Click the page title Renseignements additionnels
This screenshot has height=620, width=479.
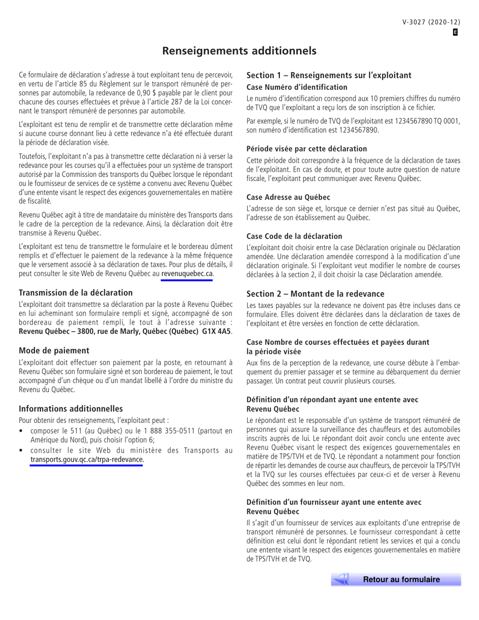tap(239, 51)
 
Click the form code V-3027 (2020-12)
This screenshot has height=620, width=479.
tap(431, 22)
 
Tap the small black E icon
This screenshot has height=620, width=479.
tap(455, 32)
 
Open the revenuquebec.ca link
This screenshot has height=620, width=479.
tap(187, 274)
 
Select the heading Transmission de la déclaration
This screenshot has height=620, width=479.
tap(76, 293)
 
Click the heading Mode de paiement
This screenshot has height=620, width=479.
tap(54, 350)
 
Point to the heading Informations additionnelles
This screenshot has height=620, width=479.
tap(71, 408)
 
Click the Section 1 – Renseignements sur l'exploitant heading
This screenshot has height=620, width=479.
tap(329, 75)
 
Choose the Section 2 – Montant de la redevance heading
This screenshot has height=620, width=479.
tap(315, 293)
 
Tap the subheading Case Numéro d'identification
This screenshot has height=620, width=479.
tap(296, 87)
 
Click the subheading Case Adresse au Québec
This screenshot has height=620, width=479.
tap(288, 197)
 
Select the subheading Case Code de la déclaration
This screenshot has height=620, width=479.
tap(294, 236)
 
